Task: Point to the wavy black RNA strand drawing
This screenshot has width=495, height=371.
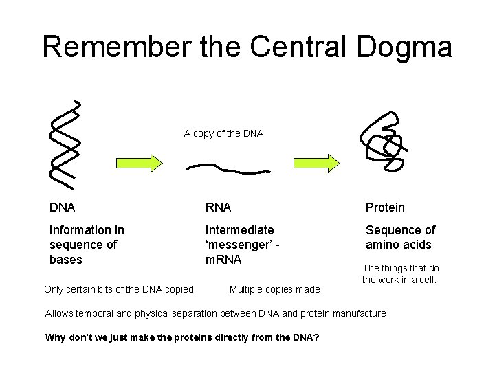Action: [x=229, y=168]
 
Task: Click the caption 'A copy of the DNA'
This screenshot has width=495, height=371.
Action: [x=223, y=133]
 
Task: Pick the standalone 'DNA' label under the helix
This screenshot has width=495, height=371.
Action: [x=63, y=207]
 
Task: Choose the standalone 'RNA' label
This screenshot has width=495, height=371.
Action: [x=219, y=207]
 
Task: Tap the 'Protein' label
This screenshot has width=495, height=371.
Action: [x=385, y=207]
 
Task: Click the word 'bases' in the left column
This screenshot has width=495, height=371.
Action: [x=66, y=260]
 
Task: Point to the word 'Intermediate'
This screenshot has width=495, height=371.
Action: [x=239, y=230]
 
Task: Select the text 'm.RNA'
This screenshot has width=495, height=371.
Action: [x=223, y=260]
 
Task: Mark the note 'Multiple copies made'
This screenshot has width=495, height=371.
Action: [x=274, y=289]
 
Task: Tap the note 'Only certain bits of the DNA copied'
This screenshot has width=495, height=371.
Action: [x=118, y=289]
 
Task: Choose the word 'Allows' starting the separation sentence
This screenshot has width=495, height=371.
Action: [x=60, y=313]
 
